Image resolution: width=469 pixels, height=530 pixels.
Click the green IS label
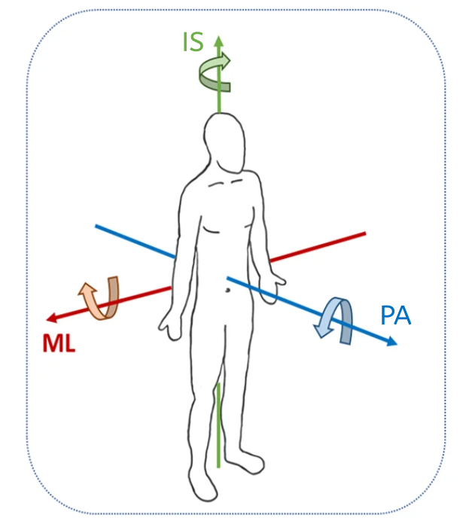coord(193,42)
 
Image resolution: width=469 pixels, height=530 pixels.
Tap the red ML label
coord(59,343)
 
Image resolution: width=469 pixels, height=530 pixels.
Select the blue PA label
coord(396,315)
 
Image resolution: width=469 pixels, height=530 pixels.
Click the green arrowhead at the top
coord(219,41)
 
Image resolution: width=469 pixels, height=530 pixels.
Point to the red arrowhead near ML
coord(51,318)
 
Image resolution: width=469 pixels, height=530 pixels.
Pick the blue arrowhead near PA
coord(392,341)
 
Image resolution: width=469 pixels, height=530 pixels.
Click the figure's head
coord(224,142)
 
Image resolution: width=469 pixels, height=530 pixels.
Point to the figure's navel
coord(228,290)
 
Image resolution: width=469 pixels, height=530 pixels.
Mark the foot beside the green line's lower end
coord(245,461)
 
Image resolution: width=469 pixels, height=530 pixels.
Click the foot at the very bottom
coord(202,487)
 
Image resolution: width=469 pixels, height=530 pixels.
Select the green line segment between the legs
coord(218,425)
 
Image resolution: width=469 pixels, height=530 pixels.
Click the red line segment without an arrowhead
coord(318,247)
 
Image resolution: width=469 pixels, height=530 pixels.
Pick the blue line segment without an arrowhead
coord(135,241)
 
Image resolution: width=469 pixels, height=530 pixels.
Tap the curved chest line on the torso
coord(212,230)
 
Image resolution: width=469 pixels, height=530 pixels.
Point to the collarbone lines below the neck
coord(226,183)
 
